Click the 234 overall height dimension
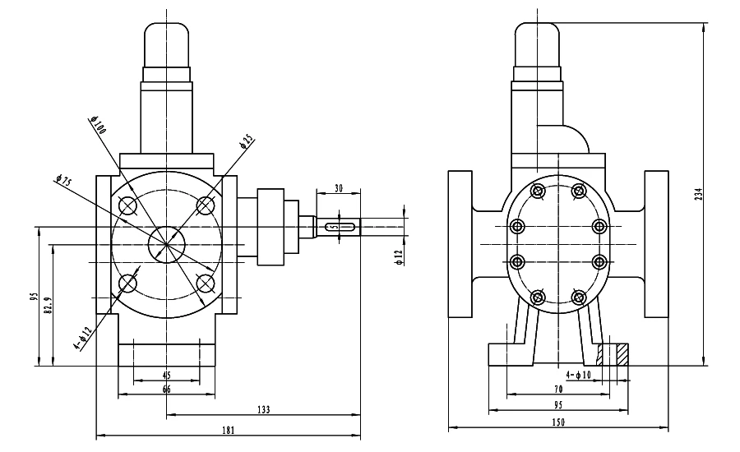tap(699, 194)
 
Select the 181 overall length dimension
tap(228, 431)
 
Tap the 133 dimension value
tap(263, 409)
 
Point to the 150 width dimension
tap(558, 422)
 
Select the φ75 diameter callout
tap(63, 181)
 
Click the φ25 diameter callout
tap(247, 141)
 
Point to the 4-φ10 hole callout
tap(579, 375)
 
